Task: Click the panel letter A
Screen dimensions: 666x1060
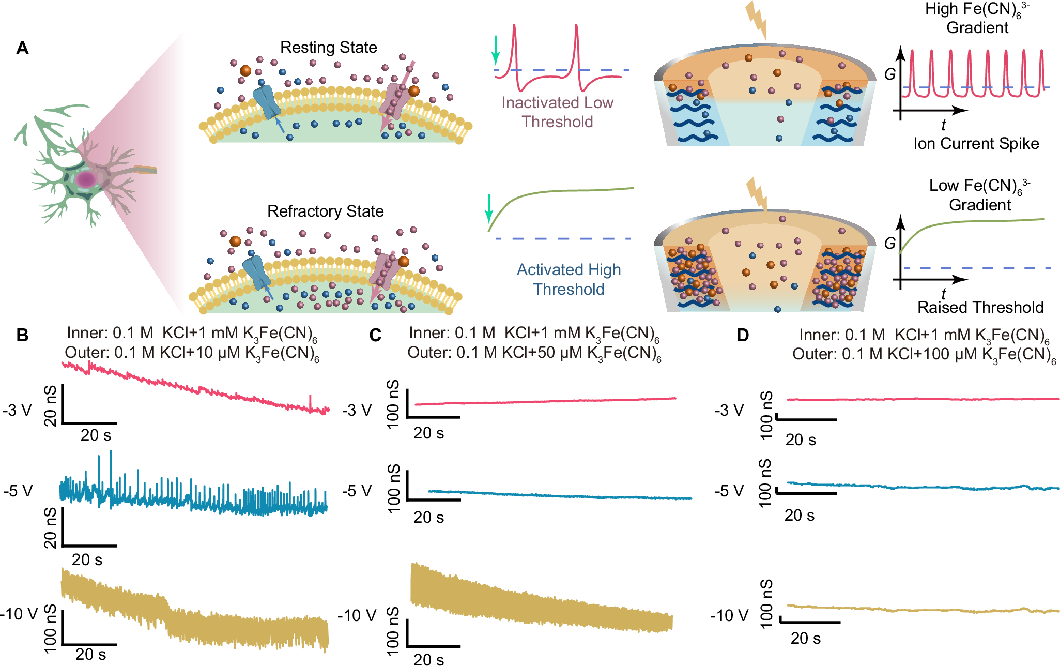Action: click(22, 49)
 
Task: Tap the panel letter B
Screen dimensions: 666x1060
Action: click(22, 335)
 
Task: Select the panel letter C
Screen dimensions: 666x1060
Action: click(375, 336)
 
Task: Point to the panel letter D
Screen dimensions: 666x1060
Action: click(743, 336)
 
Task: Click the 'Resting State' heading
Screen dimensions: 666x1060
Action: click(328, 48)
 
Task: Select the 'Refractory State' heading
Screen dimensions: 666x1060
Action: click(325, 211)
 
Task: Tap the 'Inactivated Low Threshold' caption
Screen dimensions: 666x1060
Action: click(557, 112)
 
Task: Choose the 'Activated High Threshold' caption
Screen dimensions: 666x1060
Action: click(569, 279)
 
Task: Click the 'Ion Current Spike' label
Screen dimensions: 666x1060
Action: click(976, 144)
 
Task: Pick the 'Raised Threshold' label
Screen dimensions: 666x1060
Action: click(980, 308)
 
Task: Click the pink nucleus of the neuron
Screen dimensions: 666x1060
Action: click(86, 180)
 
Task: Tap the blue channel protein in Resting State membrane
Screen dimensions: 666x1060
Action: click(266, 102)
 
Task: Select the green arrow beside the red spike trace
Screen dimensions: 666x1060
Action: click(496, 50)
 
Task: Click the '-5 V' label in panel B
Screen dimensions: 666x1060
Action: click(18, 491)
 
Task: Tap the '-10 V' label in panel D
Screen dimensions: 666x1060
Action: click(729, 615)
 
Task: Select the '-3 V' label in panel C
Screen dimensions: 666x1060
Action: click(357, 411)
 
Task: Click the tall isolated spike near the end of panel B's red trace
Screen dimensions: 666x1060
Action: click(310, 401)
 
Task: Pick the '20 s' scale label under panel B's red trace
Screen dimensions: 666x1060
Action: click(96, 435)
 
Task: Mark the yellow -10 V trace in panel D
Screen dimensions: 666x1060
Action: click(920, 609)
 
